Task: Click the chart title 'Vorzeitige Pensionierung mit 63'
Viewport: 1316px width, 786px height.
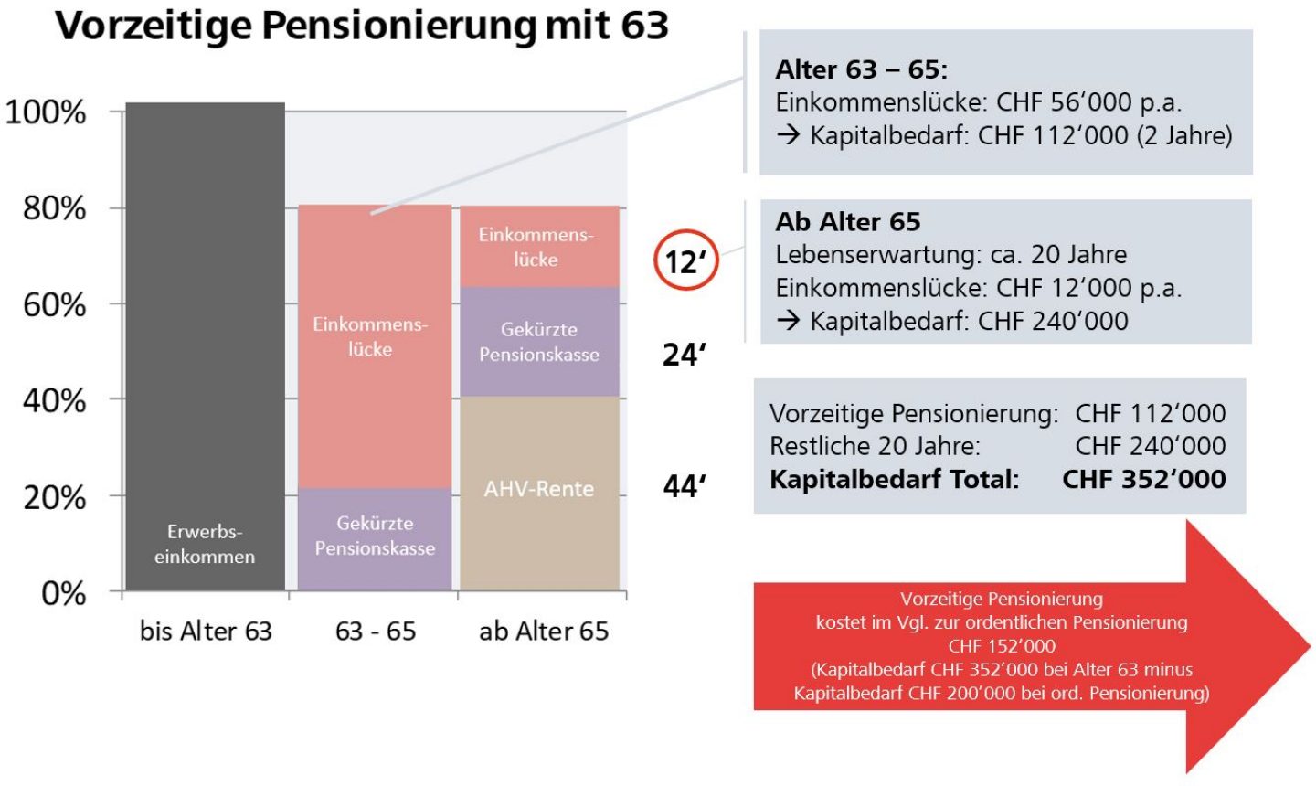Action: click(x=362, y=26)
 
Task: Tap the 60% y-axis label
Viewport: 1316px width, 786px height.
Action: click(x=55, y=304)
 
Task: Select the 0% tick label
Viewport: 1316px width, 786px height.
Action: click(x=63, y=593)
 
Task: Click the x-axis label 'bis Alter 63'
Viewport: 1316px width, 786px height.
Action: click(x=206, y=631)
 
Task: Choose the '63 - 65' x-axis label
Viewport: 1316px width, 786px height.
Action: click(x=375, y=631)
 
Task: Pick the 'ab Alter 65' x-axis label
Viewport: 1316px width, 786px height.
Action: click(x=543, y=631)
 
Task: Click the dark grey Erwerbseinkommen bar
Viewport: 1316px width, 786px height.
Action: click(x=206, y=347)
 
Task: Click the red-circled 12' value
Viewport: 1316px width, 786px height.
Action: click(x=686, y=261)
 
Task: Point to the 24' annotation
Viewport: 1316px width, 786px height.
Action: click(x=685, y=355)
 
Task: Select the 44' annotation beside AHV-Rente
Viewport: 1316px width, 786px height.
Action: click(x=685, y=486)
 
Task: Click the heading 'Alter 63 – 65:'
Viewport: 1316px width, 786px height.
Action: click(x=862, y=69)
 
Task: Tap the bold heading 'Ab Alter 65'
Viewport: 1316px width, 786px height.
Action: click(x=848, y=221)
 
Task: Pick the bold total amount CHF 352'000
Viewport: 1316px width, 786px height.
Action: click(x=1143, y=479)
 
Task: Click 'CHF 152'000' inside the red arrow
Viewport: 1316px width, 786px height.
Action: click(x=1002, y=646)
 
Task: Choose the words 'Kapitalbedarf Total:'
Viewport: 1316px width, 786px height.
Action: click(x=894, y=479)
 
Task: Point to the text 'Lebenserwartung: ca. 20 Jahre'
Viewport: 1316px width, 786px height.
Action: click(x=951, y=254)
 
